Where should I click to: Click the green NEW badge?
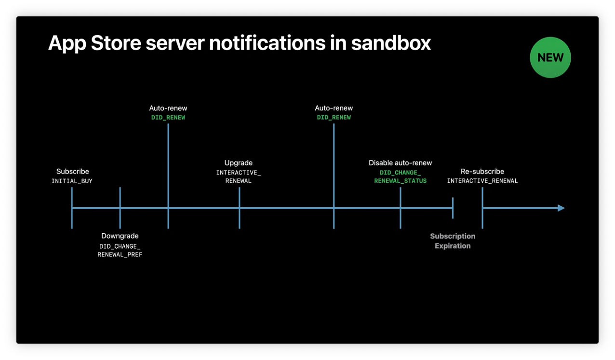(550, 57)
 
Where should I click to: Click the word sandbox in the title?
(391, 43)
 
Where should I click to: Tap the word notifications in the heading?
(267, 43)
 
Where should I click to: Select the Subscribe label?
(72, 172)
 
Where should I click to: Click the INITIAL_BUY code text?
(72, 181)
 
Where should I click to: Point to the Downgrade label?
(120, 236)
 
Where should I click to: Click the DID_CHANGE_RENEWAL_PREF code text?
(120, 251)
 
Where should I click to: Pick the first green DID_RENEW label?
(168, 118)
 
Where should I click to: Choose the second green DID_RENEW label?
(334, 118)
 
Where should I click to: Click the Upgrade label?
(238, 163)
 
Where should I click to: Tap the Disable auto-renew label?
(400, 163)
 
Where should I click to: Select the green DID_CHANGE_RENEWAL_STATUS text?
(401, 176)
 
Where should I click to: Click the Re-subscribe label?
(482, 172)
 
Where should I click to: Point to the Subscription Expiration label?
(453, 241)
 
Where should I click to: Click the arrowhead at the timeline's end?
(561, 208)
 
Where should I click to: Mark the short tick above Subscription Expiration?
(453, 208)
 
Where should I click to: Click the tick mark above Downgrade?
(120, 208)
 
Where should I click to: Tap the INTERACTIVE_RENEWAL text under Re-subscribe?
(482, 181)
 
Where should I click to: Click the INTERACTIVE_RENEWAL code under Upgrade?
(238, 176)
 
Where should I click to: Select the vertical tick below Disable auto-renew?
(401, 208)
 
